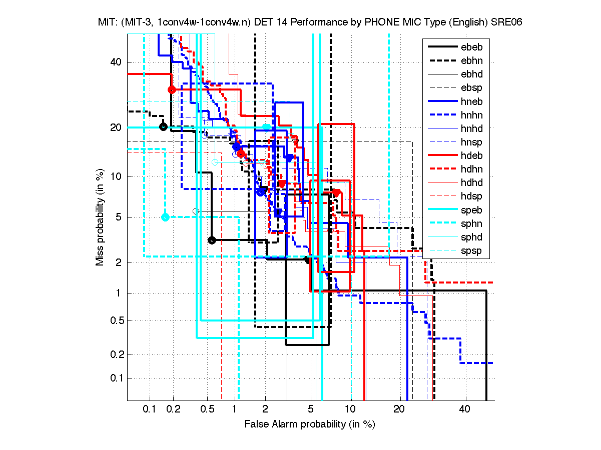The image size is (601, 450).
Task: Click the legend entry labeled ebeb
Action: (471, 47)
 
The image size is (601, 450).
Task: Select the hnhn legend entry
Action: (471, 115)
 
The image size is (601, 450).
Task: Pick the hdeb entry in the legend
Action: (471, 155)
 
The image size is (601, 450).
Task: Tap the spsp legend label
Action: (471, 250)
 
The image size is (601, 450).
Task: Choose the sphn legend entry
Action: (471, 223)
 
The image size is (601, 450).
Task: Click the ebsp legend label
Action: (471, 88)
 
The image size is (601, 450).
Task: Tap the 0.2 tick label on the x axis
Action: (173, 409)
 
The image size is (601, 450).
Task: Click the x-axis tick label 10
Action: (351, 409)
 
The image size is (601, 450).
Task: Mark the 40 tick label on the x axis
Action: (465, 409)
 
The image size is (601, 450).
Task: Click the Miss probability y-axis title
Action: (101, 217)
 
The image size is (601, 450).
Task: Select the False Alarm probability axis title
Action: (310, 424)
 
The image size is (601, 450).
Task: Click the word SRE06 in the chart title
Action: (508, 23)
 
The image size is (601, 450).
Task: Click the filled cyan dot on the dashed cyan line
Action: (166, 217)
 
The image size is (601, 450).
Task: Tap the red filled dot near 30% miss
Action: (172, 89)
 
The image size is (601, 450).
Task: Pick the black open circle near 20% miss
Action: (163, 126)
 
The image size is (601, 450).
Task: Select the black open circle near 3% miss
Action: (212, 240)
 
